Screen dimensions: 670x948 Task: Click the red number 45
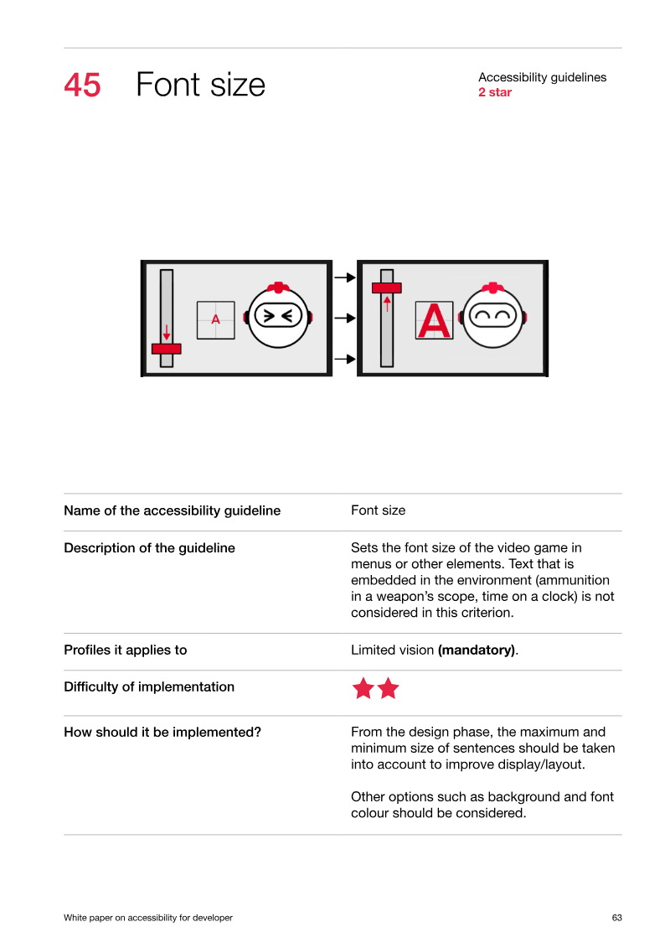click(x=82, y=85)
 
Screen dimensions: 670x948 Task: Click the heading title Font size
click(x=200, y=85)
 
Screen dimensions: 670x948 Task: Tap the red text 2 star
click(x=495, y=92)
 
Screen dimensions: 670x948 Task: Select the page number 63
click(x=617, y=918)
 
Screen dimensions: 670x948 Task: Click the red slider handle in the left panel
click(x=167, y=349)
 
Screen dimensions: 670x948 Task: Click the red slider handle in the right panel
click(x=387, y=288)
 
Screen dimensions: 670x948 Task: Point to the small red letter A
click(x=216, y=319)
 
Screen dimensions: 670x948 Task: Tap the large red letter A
click(x=435, y=320)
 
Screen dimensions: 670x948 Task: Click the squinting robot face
click(x=279, y=316)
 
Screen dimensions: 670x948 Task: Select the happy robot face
click(x=493, y=316)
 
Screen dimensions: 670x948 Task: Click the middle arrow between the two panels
click(x=345, y=318)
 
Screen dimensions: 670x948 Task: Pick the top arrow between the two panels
click(x=345, y=277)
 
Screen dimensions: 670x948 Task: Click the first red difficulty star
click(x=363, y=688)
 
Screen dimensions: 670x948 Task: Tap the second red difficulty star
click(x=388, y=688)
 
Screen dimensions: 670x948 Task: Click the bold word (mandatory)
click(x=477, y=650)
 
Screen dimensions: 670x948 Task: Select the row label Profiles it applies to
click(x=126, y=650)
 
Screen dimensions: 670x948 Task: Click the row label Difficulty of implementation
click(x=149, y=687)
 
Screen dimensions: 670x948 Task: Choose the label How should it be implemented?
click(x=162, y=732)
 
